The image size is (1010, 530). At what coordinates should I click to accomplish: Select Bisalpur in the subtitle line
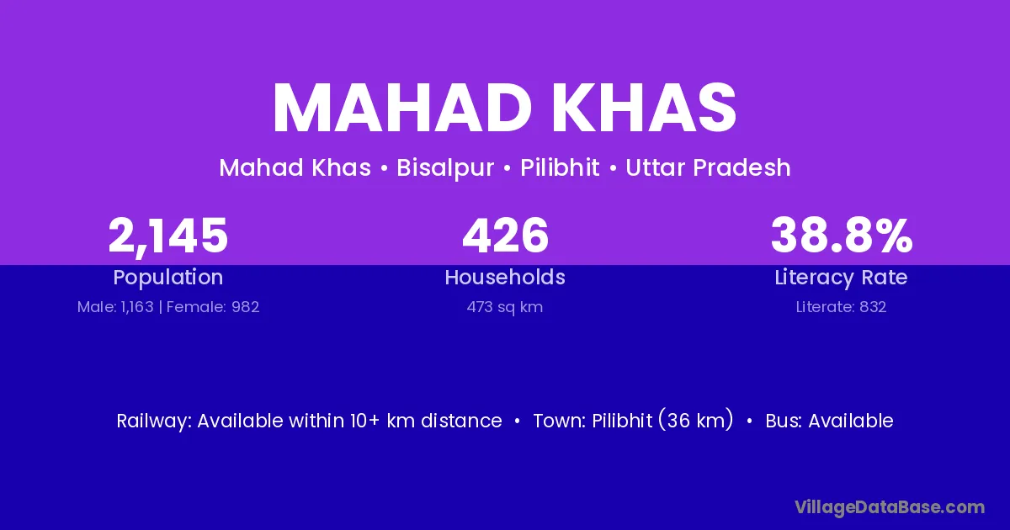point(445,168)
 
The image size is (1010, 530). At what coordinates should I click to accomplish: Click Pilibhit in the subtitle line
point(560,167)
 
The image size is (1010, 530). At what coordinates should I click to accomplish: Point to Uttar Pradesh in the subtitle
point(708,167)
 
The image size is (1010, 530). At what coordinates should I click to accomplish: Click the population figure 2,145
point(168,236)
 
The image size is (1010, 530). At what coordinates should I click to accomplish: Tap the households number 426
point(505,236)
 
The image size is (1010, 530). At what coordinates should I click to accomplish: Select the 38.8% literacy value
point(842,236)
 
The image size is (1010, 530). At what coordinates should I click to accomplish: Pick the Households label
point(505,277)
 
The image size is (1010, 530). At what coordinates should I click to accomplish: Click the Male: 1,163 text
point(115,307)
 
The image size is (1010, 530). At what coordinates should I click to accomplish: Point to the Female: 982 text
point(213,307)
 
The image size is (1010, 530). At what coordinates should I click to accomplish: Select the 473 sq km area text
point(505,307)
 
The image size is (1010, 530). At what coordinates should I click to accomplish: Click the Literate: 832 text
point(841,307)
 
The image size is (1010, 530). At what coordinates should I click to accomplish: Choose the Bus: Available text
point(829,421)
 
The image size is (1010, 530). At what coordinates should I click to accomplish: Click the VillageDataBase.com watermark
point(890,508)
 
